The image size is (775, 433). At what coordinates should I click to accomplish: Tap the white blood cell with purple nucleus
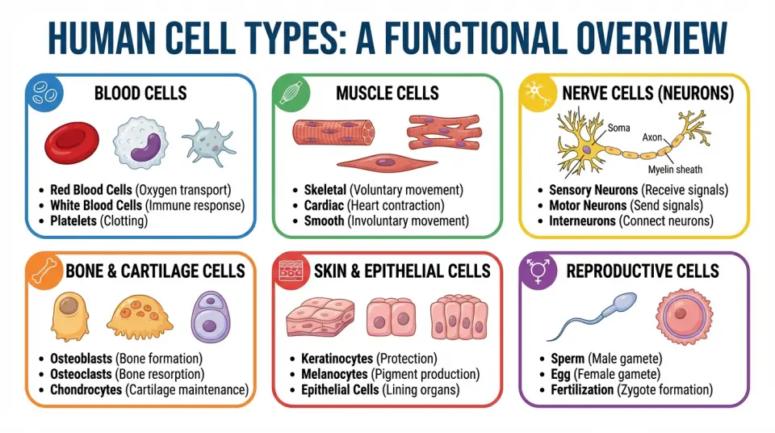tap(143, 143)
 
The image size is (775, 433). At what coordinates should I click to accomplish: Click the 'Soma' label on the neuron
tap(619, 127)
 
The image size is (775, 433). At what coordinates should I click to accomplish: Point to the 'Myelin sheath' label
tap(675, 170)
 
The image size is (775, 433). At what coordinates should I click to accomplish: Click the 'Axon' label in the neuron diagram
tap(652, 137)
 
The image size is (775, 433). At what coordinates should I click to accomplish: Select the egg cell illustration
tap(683, 316)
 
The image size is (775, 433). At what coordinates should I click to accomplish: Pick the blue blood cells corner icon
tap(44, 94)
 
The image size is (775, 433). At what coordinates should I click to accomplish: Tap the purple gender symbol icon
tap(535, 271)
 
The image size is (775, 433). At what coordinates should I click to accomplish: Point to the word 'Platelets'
tap(73, 220)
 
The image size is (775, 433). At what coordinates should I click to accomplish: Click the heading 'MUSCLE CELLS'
tap(387, 94)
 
